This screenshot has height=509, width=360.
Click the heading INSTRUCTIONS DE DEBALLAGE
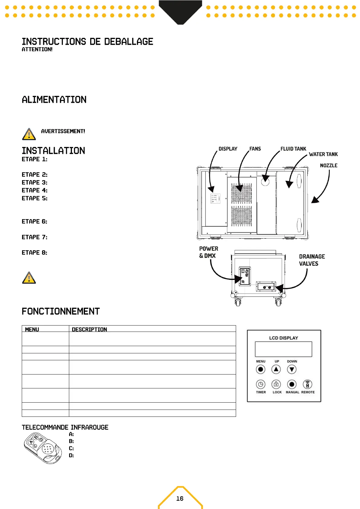tap(87, 42)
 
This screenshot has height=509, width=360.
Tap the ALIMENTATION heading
tap(54, 100)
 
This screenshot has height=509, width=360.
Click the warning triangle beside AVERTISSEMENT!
tap(29, 134)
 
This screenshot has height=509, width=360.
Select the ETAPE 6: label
tap(34, 222)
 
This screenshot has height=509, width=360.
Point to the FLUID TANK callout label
tap(293, 149)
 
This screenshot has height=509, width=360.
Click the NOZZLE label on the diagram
tap(329, 165)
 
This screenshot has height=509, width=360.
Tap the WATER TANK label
tap(323, 154)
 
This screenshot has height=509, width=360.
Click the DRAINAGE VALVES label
tap(312, 260)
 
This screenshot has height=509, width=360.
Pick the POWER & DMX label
tap(208, 252)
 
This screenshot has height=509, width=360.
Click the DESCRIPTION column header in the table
tap(89, 329)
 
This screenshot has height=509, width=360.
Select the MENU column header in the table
tap(32, 329)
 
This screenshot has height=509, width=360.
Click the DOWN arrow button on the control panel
tap(292, 369)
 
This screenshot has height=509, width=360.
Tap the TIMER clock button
tap(261, 384)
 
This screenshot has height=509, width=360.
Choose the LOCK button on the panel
tap(276, 384)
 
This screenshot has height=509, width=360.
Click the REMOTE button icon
tap(307, 384)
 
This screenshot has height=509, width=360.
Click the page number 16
tap(180, 498)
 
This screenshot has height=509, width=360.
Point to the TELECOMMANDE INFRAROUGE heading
tap(65, 427)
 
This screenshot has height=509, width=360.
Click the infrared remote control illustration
tap(43, 448)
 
